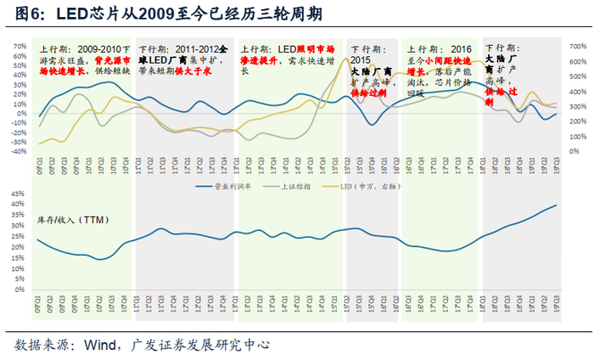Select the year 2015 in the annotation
[361, 62]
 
